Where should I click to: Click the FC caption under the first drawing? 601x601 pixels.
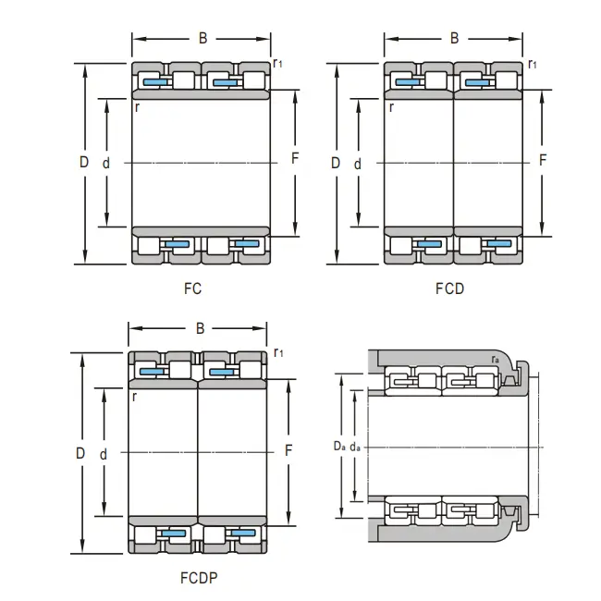pyautogui.click(x=192, y=288)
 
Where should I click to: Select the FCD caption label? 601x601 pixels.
pyautogui.click(x=449, y=288)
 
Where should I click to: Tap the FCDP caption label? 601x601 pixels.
pyautogui.click(x=199, y=578)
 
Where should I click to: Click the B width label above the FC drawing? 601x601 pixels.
pyautogui.click(x=202, y=38)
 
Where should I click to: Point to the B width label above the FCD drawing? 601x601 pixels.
pyautogui.click(x=454, y=38)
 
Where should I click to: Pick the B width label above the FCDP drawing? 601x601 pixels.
pyautogui.click(x=200, y=328)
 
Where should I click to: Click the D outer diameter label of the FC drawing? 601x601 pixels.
pyautogui.click(x=84, y=162)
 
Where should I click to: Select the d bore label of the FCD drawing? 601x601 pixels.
pyautogui.click(x=357, y=164)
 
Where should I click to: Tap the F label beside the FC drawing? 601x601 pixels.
pyautogui.click(x=295, y=158)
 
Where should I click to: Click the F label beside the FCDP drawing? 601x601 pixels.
pyautogui.click(x=288, y=451)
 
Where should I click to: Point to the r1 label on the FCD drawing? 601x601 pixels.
pyautogui.click(x=533, y=64)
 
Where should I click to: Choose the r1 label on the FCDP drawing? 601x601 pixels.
pyautogui.click(x=278, y=352)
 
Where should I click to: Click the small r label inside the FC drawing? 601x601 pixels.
pyautogui.click(x=137, y=107)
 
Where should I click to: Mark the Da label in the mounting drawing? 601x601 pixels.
pyautogui.click(x=339, y=446)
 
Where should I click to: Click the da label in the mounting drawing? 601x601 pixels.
pyautogui.click(x=355, y=447)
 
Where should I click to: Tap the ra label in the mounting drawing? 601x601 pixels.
pyautogui.click(x=496, y=360)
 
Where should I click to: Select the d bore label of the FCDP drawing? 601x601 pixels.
pyautogui.click(x=104, y=455)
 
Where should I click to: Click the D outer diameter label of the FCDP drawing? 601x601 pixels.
pyautogui.click(x=80, y=453)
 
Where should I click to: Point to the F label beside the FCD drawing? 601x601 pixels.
pyautogui.click(x=543, y=160)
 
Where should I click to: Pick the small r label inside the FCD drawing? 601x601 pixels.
pyautogui.click(x=391, y=107)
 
